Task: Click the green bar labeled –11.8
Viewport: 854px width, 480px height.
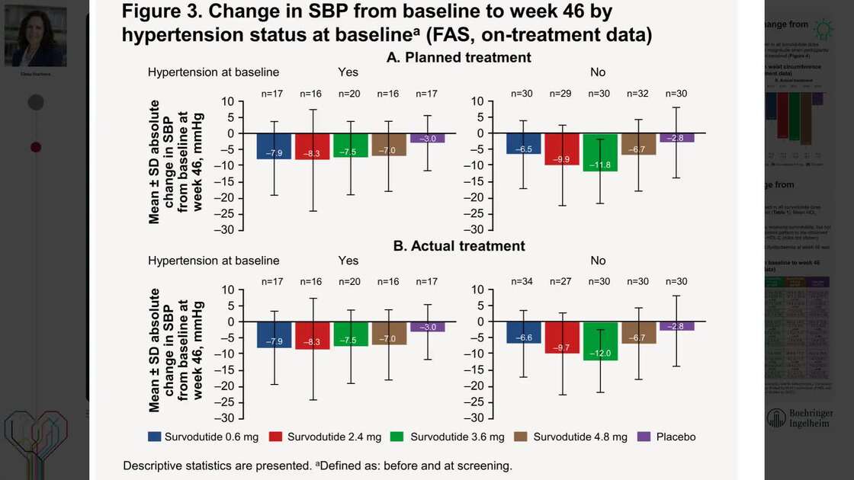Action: (599, 152)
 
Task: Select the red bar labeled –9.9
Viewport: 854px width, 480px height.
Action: (562, 149)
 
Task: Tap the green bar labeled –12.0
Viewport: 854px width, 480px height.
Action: (599, 341)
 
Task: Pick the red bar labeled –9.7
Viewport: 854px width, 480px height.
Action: (562, 337)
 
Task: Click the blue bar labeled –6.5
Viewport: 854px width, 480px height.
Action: (524, 143)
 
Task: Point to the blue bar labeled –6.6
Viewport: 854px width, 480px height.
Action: (524, 332)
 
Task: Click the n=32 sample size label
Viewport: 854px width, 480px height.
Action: (638, 94)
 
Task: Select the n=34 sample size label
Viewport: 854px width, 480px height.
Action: (524, 282)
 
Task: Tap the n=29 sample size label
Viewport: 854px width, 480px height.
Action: (562, 94)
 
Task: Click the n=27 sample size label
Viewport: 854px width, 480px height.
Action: (562, 282)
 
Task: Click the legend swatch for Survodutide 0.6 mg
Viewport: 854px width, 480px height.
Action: (155, 437)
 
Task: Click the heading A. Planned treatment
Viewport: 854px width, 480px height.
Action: (459, 58)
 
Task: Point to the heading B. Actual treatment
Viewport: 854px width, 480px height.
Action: (459, 246)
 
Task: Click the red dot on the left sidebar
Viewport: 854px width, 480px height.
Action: (35, 146)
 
